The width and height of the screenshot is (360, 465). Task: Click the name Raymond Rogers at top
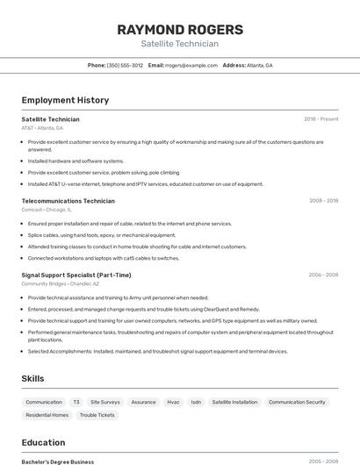click(179, 30)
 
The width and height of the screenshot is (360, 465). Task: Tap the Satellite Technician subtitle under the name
click(179, 44)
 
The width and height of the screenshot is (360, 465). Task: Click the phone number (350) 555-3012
click(125, 65)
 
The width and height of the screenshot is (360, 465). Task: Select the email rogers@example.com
click(191, 65)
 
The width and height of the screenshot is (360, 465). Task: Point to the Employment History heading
click(65, 100)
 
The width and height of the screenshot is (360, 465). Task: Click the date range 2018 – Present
click(320, 118)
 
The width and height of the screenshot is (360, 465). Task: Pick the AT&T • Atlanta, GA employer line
click(42, 127)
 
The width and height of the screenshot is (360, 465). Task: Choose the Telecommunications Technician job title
click(68, 200)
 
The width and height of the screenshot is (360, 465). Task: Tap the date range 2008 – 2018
click(323, 200)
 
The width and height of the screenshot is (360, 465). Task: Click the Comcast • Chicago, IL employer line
click(47, 210)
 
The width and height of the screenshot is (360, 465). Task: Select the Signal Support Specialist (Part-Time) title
click(76, 275)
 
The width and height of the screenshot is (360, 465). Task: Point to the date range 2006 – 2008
click(323, 275)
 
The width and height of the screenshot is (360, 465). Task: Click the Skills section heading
click(33, 378)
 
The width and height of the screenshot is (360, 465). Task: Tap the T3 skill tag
click(76, 402)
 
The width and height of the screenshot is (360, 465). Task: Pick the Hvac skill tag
click(173, 402)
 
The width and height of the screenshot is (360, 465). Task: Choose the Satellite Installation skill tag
click(234, 402)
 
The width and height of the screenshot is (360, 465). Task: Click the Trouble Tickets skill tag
click(97, 415)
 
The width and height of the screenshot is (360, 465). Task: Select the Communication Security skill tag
click(297, 402)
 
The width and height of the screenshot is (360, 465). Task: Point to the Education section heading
click(43, 442)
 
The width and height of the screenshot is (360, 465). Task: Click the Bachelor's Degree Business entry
click(57, 461)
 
